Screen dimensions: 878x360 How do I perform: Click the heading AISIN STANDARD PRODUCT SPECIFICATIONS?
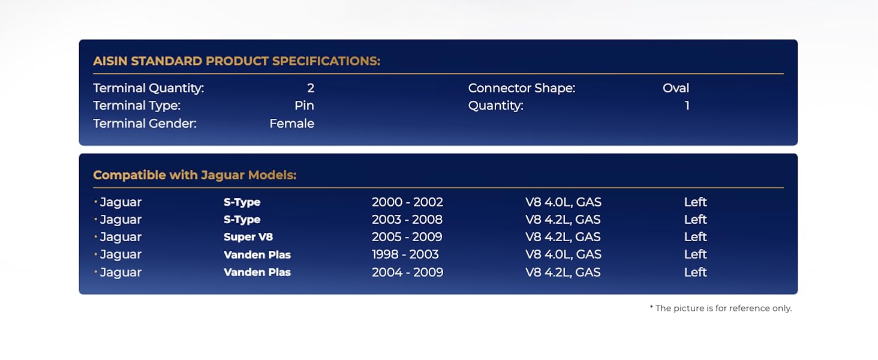[237, 61]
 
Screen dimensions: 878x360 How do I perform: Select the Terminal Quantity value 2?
[311, 88]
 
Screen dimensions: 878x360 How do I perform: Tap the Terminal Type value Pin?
[304, 106]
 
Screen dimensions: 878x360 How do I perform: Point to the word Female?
[291, 124]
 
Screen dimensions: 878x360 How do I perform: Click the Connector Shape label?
[522, 88]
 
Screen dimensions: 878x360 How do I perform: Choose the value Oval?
[676, 88]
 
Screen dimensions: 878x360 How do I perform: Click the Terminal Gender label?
[145, 124]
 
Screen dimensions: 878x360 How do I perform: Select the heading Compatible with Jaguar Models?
[195, 175]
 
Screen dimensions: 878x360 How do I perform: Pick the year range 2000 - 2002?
[407, 202]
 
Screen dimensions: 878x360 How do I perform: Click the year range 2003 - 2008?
[407, 219]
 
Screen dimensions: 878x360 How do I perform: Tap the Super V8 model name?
[248, 237]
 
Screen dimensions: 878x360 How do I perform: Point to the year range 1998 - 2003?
[405, 254]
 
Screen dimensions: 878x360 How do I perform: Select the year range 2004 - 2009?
[408, 272]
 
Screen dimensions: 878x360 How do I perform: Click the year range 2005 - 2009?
[407, 237]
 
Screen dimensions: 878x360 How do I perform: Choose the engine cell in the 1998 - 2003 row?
[563, 254]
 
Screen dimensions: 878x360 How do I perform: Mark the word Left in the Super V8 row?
[695, 237]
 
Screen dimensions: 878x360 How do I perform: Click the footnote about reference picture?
[721, 308]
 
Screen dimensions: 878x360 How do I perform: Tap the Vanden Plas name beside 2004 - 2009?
[257, 272]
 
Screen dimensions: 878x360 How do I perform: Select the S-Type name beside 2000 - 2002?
[242, 202]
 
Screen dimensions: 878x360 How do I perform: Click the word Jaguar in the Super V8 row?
[121, 237]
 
